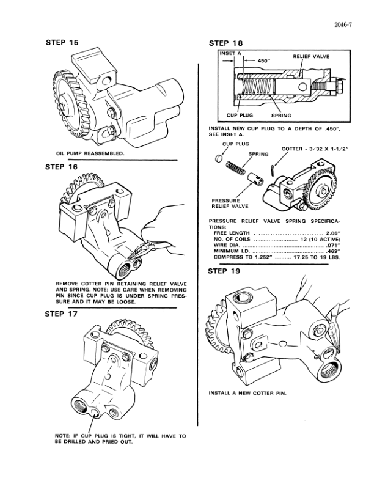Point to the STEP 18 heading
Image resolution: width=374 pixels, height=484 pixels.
point(226,43)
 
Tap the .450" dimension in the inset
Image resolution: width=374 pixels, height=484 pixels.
point(263,61)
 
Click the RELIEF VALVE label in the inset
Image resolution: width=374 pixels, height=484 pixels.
point(311,56)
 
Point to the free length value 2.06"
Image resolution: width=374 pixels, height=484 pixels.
point(332,233)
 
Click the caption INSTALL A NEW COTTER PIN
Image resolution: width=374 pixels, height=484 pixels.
point(248,392)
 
